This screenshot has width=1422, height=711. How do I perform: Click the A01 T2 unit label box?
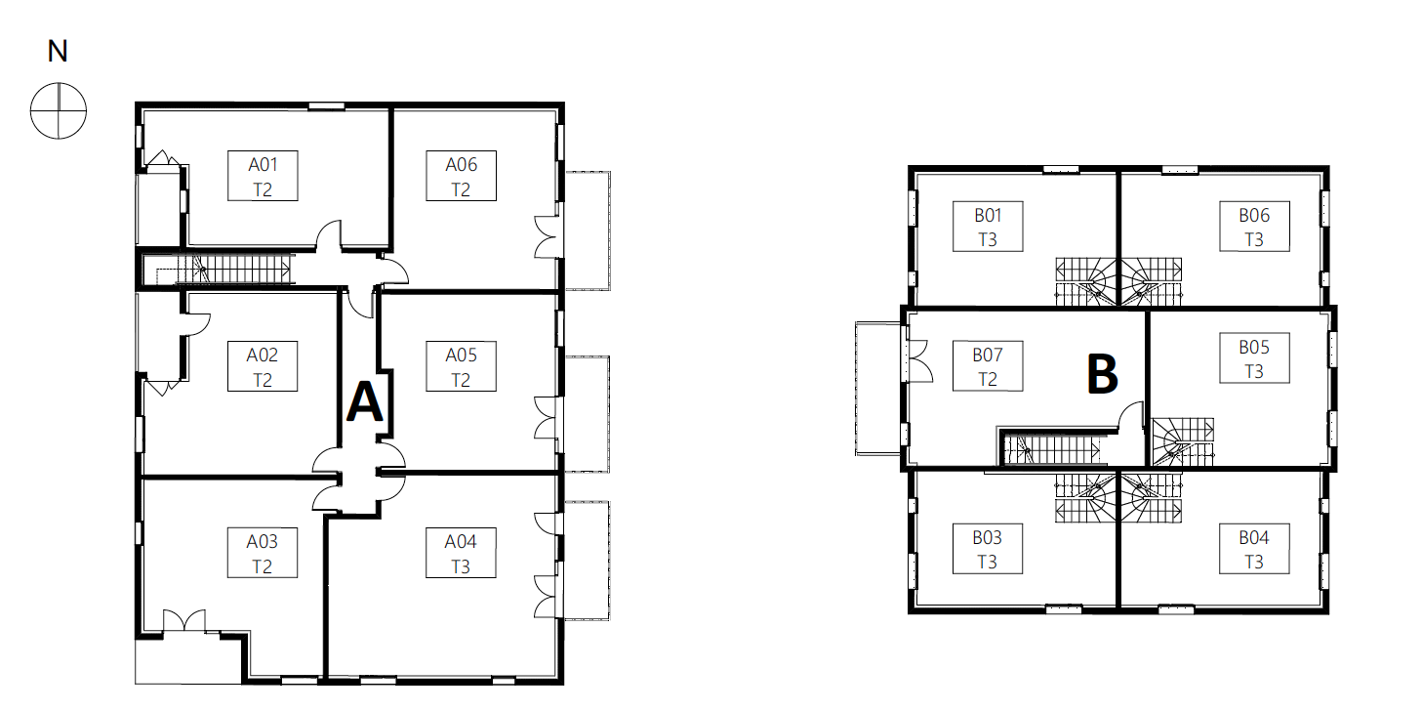(x=263, y=176)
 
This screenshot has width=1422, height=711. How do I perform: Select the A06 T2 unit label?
(x=461, y=176)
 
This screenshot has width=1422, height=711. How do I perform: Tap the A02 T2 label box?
(x=263, y=366)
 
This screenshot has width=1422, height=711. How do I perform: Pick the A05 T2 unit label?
(x=461, y=366)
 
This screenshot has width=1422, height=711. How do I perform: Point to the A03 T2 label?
(x=263, y=553)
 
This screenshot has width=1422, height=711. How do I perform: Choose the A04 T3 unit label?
(x=461, y=553)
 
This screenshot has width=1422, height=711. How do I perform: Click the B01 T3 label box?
(x=988, y=227)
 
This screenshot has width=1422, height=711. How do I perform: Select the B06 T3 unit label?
(x=1254, y=227)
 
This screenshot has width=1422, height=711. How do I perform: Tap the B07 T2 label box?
(x=988, y=366)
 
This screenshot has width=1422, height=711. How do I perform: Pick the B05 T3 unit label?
(x=1254, y=358)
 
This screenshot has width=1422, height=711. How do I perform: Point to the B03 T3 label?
(x=988, y=549)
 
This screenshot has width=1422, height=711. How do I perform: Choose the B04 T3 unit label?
(x=1254, y=549)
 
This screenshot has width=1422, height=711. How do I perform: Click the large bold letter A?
(x=365, y=401)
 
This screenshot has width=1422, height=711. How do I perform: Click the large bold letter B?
(x=1103, y=374)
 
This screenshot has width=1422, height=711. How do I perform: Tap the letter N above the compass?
(x=58, y=52)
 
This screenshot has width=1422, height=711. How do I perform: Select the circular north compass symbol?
(x=59, y=110)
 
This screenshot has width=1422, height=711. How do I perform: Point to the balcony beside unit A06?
(x=588, y=230)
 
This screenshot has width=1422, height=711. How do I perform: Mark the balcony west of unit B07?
(x=878, y=389)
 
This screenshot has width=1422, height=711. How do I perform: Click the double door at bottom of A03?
(x=184, y=621)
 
